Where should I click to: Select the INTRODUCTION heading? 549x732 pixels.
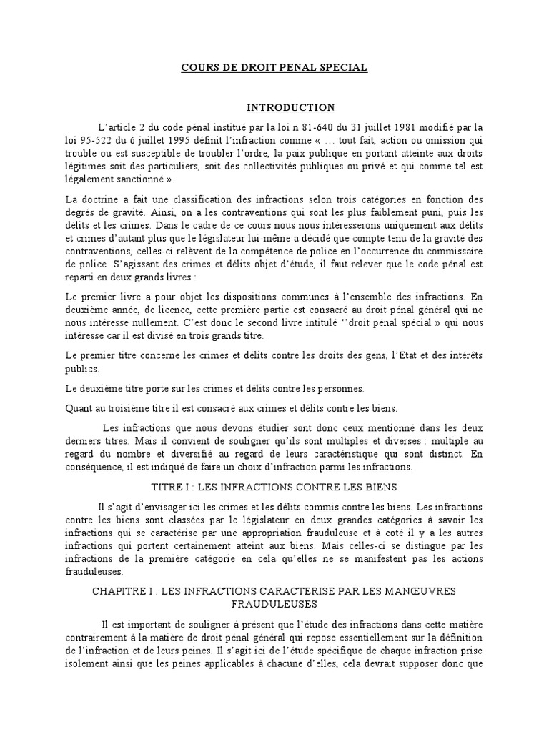pos(290,108)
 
